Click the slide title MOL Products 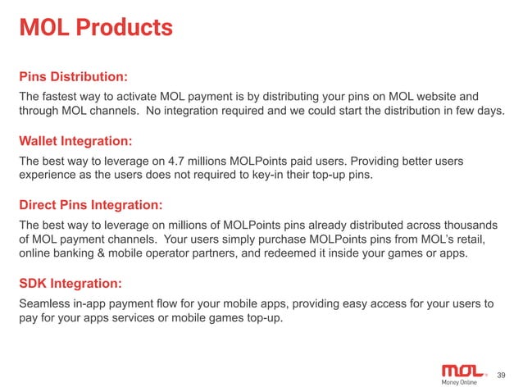pos(96,28)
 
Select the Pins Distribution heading pos(73,77)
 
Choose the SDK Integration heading pos(70,284)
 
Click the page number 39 pos(502,376)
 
